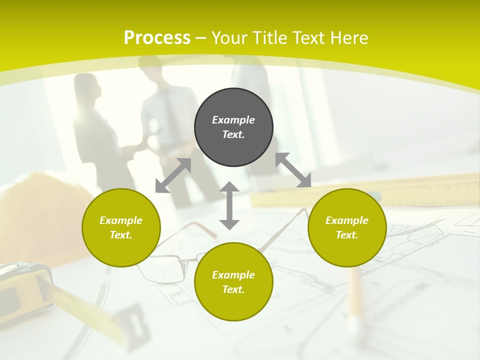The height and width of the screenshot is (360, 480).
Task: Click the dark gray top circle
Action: pyautogui.click(x=233, y=127)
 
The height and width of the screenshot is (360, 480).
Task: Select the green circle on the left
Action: pyautogui.click(x=121, y=227)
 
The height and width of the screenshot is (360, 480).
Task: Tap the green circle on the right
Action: pyautogui.click(x=347, y=227)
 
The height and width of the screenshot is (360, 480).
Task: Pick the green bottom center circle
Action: pyautogui.click(x=233, y=281)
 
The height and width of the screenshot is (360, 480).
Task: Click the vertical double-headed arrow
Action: pyautogui.click(x=229, y=205)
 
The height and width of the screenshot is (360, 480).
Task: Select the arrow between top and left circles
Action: pyautogui.click(x=173, y=175)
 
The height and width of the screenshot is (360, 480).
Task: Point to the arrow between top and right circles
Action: pyautogui.click(x=293, y=170)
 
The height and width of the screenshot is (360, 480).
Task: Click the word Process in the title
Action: pyautogui.click(x=157, y=37)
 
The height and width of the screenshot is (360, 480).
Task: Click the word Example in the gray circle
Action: pyautogui.click(x=233, y=120)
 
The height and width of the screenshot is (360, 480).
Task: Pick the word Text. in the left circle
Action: pyautogui.click(x=121, y=235)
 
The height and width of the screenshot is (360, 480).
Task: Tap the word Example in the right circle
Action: pyautogui.click(x=347, y=220)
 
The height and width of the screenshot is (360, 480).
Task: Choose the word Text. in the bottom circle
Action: pyautogui.click(x=233, y=289)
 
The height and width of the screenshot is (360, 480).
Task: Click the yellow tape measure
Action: pyautogui.click(x=30, y=290)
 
